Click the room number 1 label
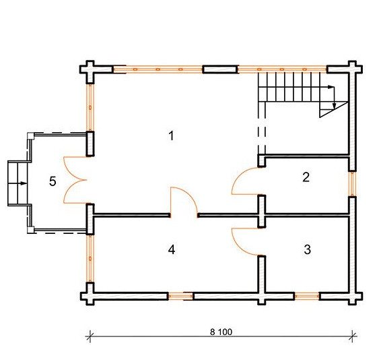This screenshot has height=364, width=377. point(171,136)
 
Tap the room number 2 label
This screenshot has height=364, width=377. point(306,177)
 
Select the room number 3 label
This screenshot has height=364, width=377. point(307,249)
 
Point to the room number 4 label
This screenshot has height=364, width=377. point(172,249)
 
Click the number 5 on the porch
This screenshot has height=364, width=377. point(53,181)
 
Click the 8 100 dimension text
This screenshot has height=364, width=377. point(221,332)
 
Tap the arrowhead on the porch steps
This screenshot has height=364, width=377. point(24,183)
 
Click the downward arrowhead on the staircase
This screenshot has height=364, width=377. point(334,106)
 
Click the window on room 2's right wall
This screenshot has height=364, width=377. point(352,183)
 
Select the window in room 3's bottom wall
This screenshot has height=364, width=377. point(307,296)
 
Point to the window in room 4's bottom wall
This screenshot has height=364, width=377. point(180,296)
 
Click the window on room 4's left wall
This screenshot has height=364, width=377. point(90,258)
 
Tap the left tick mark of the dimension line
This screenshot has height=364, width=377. point(90,336)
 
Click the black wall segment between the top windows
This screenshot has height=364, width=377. point(221,69)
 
